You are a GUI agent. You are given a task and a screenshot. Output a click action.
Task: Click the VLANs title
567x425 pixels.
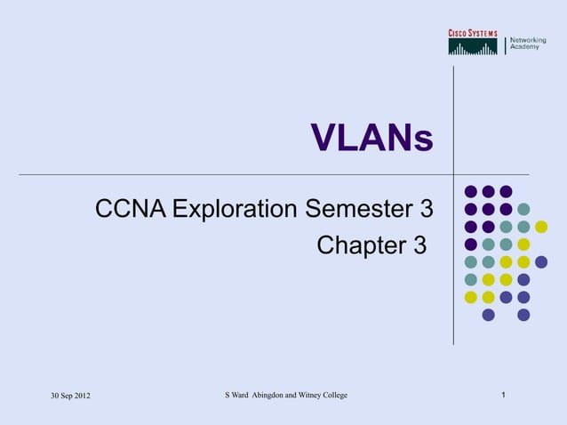371,139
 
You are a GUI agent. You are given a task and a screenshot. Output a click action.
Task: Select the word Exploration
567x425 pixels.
235,211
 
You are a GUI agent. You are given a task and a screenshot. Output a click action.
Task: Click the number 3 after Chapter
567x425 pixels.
419,244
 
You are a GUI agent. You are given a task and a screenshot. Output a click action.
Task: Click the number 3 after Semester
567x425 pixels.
426,211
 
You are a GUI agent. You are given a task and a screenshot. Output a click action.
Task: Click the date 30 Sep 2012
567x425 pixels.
68,395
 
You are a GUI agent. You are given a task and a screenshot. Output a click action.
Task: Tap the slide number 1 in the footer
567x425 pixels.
504,394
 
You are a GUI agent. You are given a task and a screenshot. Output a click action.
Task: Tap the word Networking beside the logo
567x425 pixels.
527,40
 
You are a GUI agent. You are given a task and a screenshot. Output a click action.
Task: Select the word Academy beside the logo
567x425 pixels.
524,47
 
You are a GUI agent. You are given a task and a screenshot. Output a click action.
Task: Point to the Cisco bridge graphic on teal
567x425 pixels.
473,47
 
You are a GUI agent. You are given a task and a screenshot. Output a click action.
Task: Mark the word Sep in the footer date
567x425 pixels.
63,395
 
